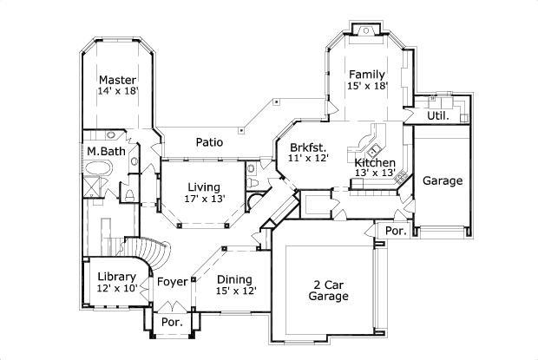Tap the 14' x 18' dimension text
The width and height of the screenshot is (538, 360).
(118, 90)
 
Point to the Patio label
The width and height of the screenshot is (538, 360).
(208, 142)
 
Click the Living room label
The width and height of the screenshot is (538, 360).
(203, 187)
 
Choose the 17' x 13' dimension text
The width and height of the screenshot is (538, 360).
(204, 199)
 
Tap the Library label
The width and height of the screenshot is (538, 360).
(115, 277)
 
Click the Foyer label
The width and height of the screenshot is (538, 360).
(172, 282)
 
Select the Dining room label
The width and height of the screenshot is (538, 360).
(234, 278)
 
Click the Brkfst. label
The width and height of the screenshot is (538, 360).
(307, 147)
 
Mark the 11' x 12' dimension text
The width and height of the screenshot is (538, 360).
(308, 159)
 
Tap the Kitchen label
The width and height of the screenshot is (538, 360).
(375, 162)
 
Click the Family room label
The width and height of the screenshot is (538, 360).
(366, 74)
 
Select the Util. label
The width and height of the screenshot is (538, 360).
(437, 115)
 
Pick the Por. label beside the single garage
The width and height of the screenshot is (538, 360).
(395, 232)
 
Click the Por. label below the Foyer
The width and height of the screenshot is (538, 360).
(172, 323)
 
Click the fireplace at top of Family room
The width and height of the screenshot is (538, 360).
(366, 32)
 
